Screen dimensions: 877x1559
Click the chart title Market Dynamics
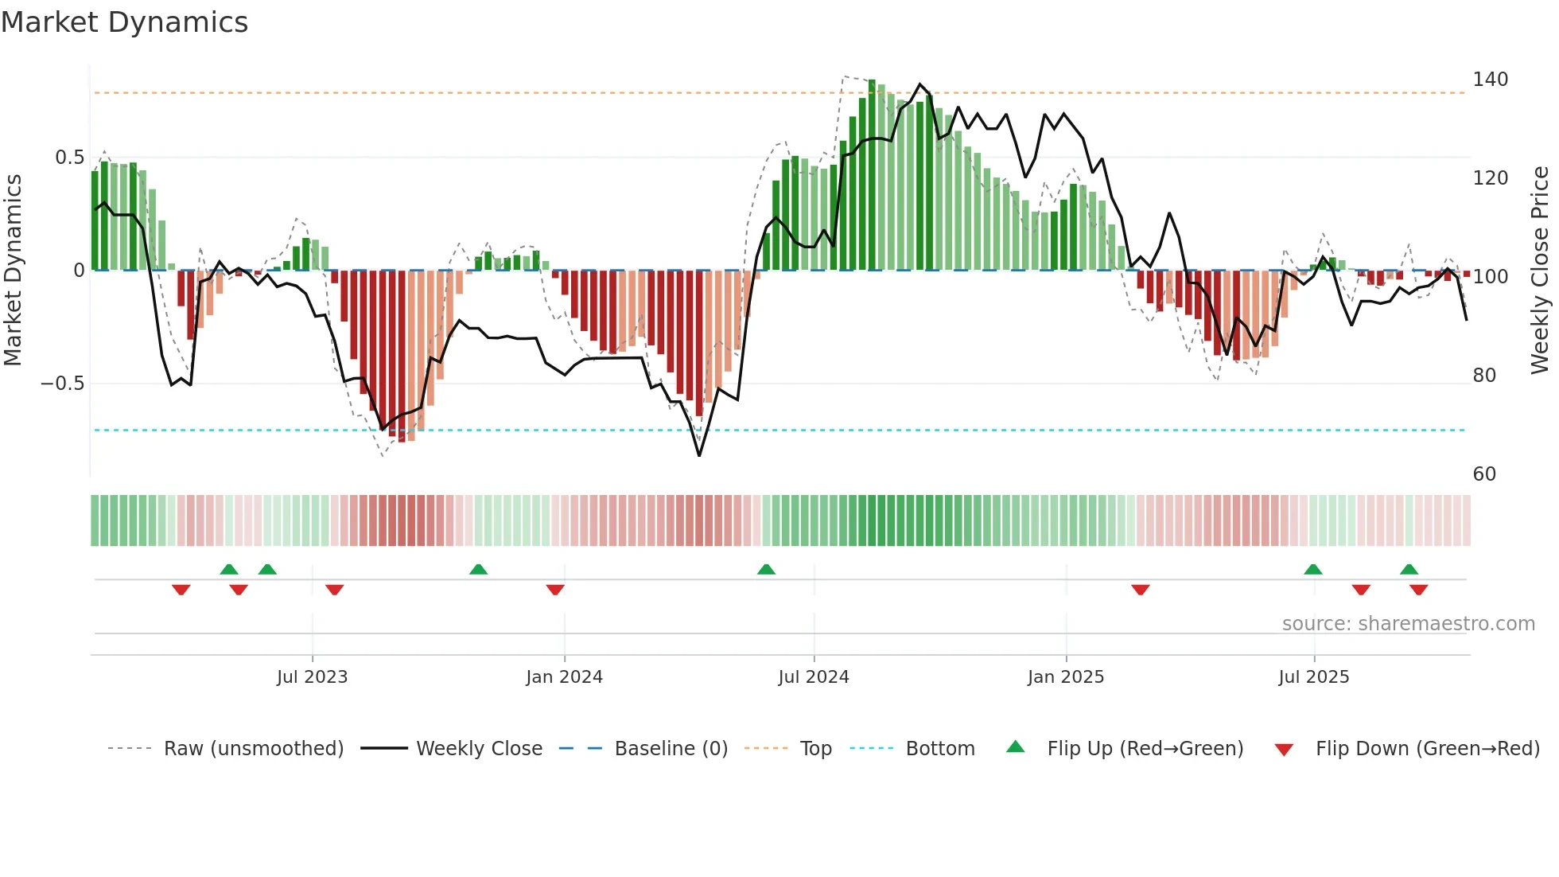click(125, 22)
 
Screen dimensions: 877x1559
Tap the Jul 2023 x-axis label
click(312, 677)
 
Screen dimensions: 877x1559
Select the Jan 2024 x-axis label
click(564, 677)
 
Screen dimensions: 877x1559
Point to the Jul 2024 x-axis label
click(814, 677)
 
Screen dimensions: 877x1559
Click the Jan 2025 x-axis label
click(1066, 677)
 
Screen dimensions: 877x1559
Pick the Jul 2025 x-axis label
click(1314, 677)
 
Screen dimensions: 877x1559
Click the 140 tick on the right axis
click(1490, 80)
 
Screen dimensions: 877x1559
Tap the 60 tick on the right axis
click(1484, 474)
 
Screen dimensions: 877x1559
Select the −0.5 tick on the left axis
click(62, 384)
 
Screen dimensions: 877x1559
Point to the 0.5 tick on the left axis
click(69, 158)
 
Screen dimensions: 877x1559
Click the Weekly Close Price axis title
click(1540, 271)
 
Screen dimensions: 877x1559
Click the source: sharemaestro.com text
click(1408, 624)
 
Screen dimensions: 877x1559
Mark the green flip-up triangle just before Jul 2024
click(766, 570)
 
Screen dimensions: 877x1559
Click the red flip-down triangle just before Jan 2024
click(555, 590)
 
